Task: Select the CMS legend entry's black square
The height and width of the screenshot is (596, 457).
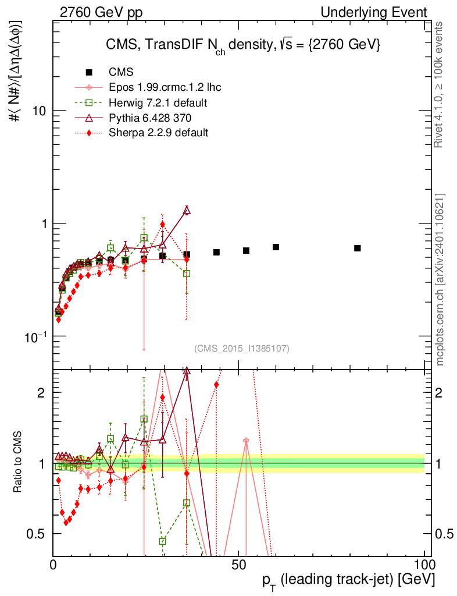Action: [x=89, y=73]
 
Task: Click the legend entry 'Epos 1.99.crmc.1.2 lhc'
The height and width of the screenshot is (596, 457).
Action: [x=165, y=88]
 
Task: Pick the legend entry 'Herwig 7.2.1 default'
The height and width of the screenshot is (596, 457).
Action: [x=158, y=103]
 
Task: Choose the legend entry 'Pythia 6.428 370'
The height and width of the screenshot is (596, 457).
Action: [x=150, y=118]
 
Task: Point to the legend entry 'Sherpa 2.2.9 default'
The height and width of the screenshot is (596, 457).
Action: [x=158, y=133]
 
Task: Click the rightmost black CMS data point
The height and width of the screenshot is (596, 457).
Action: [x=357, y=249]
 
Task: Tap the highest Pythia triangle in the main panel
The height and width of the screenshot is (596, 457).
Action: [x=187, y=211]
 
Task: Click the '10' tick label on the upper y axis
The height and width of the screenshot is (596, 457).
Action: [x=40, y=111]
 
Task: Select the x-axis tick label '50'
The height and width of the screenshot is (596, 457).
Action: [x=238, y=565]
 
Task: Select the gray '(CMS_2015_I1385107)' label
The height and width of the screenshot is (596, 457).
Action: [x=242, y=348]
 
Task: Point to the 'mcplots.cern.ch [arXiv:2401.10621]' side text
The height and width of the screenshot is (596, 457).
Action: [x=440, y=279]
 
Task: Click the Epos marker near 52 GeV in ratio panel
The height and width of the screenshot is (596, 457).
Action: [x=246, y=441]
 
